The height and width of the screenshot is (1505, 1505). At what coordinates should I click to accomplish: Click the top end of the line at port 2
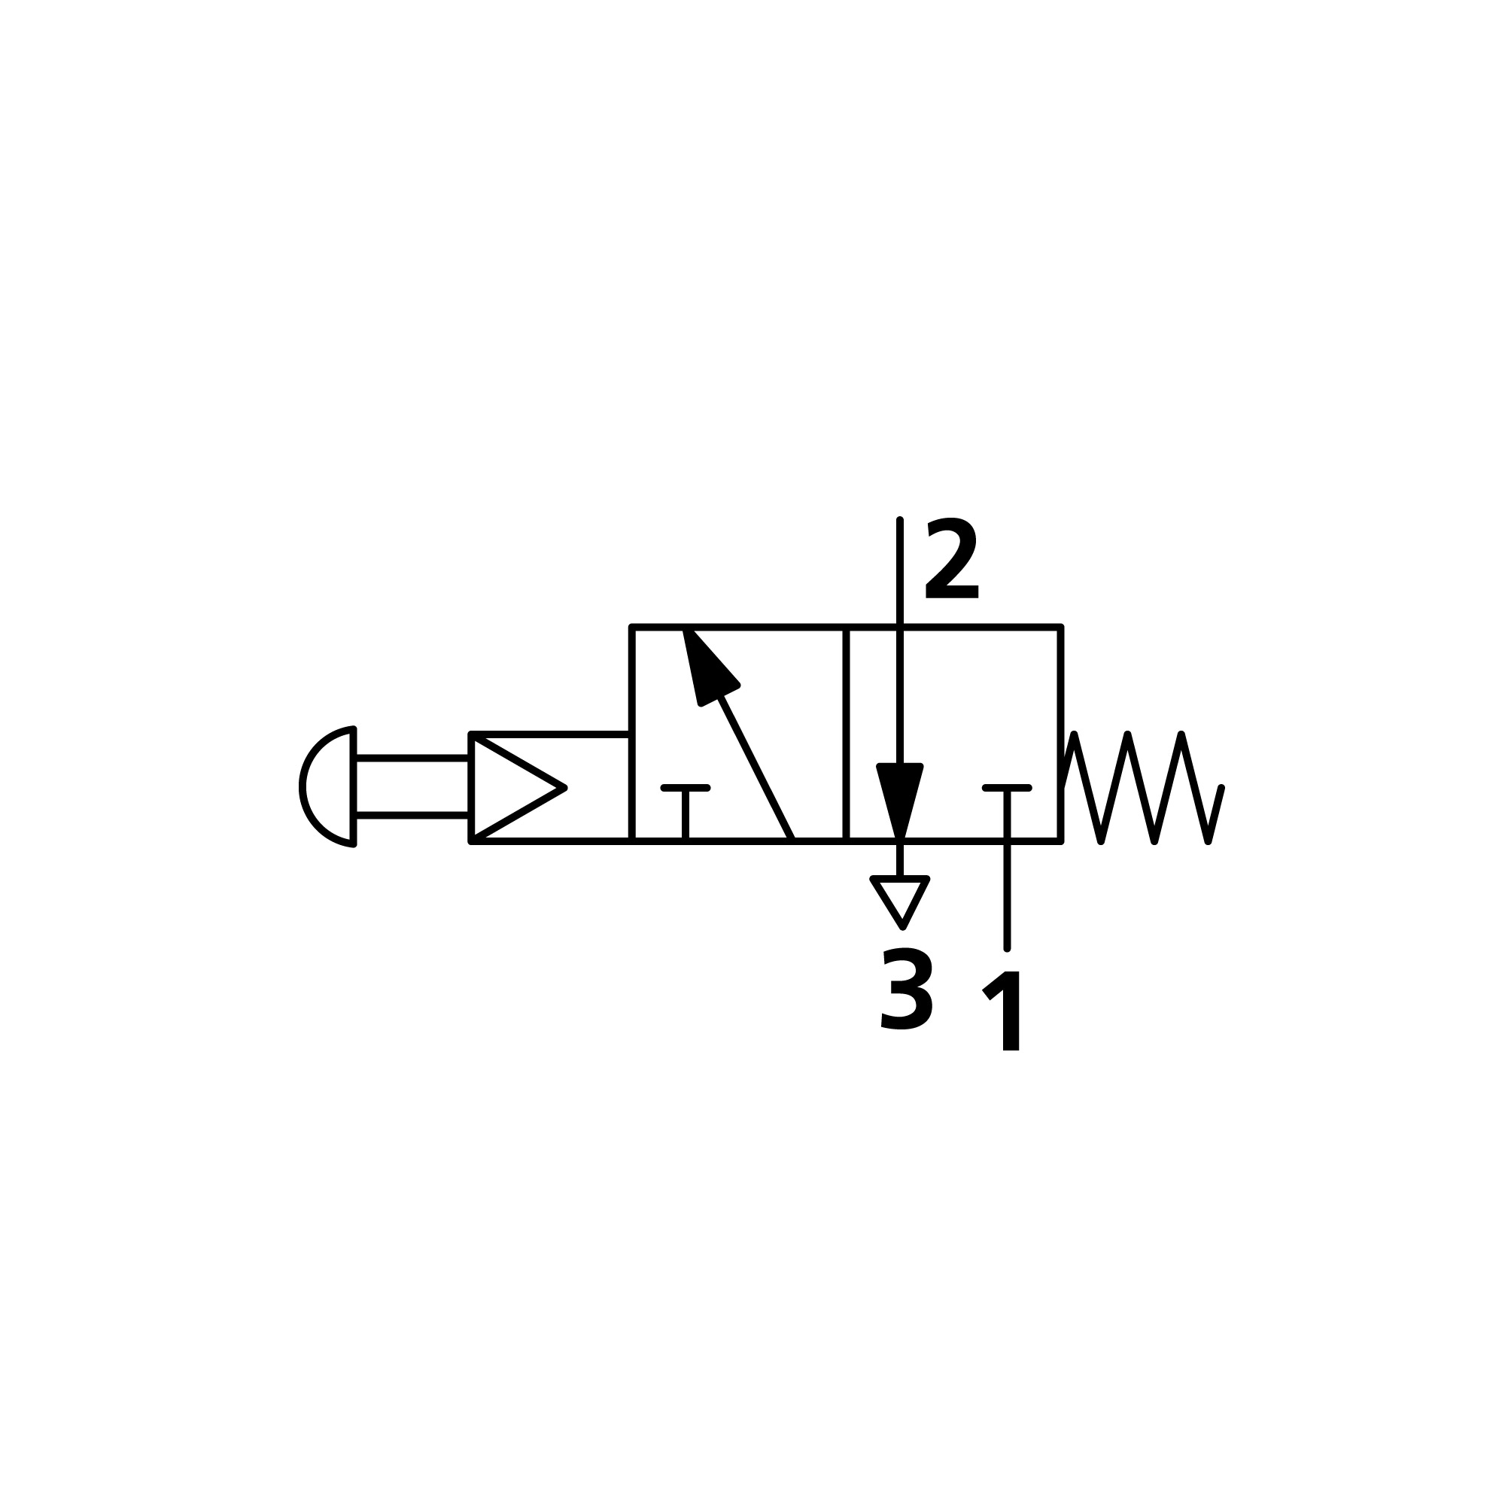[900, 519]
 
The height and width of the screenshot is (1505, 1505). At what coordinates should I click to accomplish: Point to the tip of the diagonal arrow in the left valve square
[685, 629]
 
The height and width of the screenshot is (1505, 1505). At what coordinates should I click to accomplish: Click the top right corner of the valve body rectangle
[1060, 626]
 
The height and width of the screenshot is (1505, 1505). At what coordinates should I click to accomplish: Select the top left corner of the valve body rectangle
[632, 626]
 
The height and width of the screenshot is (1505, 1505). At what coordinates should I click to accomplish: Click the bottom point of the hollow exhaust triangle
[903, 927]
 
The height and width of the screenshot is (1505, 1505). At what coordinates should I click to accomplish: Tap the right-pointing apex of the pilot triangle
[564, 788]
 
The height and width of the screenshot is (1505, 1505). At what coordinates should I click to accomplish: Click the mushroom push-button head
[329, 786]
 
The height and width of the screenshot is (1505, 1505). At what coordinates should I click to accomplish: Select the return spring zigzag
[1142, 788]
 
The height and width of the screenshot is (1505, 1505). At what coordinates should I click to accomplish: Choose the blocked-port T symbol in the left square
[686, 810]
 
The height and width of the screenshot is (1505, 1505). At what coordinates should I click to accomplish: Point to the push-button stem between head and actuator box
[413, 786]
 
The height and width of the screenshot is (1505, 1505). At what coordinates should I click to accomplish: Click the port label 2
[951, 558]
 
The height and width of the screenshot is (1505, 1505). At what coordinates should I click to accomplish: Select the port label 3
[906, 989]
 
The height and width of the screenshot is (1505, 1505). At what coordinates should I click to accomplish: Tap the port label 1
[1002, 1011]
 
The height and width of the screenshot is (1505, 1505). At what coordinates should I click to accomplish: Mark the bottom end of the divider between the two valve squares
[846, 841]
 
